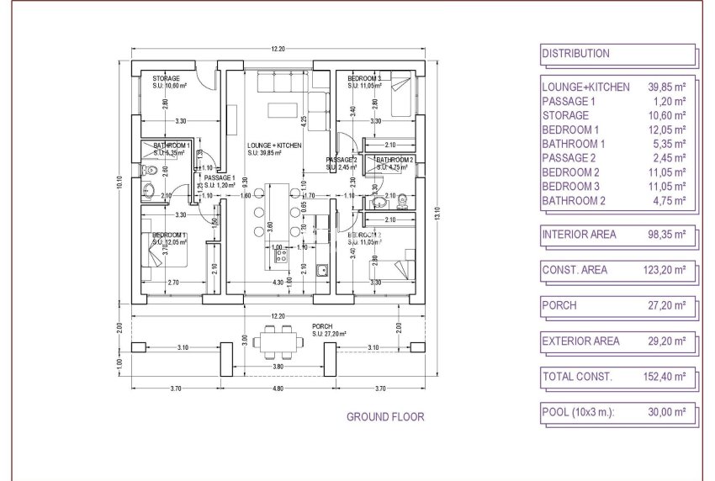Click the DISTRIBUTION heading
coord(576,54)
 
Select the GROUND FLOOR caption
coord(385,416)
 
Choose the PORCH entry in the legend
coord(559,305)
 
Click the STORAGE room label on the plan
coord(166,79)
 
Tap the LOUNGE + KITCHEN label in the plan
coord(274,145)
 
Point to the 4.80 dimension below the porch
coord(278,388)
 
